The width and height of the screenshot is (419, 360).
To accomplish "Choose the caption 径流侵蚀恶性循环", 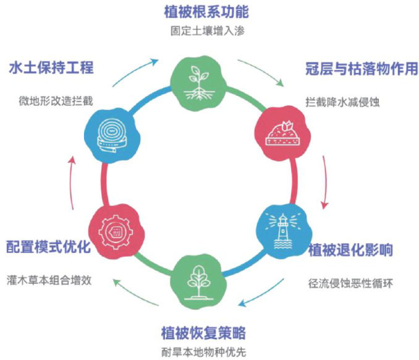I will pos(350,284).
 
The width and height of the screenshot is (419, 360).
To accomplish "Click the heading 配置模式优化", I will pos(49,246).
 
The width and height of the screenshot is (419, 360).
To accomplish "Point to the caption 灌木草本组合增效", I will pos(49,279).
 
